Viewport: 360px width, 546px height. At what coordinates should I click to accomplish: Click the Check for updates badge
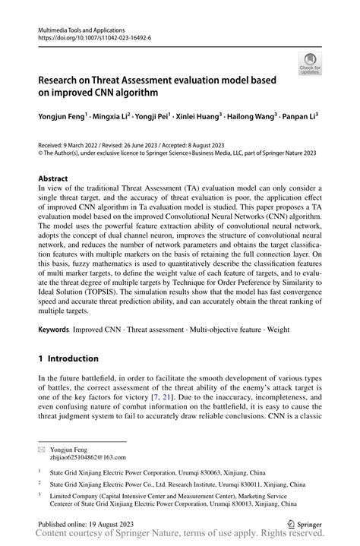pos(309,63)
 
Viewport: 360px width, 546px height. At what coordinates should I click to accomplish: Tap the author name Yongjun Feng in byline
pos(62,117)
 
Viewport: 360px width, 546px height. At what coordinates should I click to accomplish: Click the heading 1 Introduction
pos(68,358)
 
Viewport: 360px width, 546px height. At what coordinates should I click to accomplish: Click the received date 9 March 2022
pos(89,144)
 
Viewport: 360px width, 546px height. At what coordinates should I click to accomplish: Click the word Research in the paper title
pos(65,80)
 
